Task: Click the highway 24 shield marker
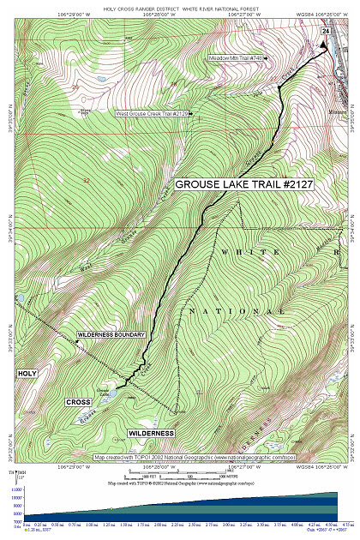[326, 31]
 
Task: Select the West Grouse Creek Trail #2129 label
[155, 112]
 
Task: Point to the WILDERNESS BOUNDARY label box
[111, 334]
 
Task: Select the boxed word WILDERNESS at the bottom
[151, 434]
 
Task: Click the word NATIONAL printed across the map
[236, 311]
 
